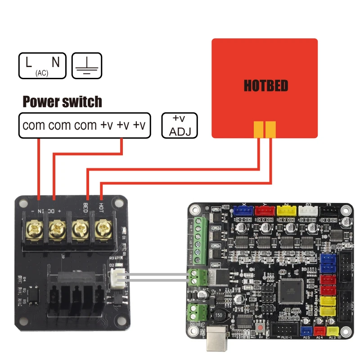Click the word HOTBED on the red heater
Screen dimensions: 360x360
[265, 85]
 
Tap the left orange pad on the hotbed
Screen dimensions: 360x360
[259, 129]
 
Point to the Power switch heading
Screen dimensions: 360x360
[62, 102]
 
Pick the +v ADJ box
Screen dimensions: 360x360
[179, 125]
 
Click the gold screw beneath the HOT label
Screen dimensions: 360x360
[102, 229]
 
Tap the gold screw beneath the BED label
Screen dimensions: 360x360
[80, 229]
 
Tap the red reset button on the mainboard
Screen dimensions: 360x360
[260, 326]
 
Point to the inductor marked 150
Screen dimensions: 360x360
[220, 315]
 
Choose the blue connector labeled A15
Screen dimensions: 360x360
[307, 332]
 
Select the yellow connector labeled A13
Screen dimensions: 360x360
[333, 332]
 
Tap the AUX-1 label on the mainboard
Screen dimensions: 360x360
[284, 337]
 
